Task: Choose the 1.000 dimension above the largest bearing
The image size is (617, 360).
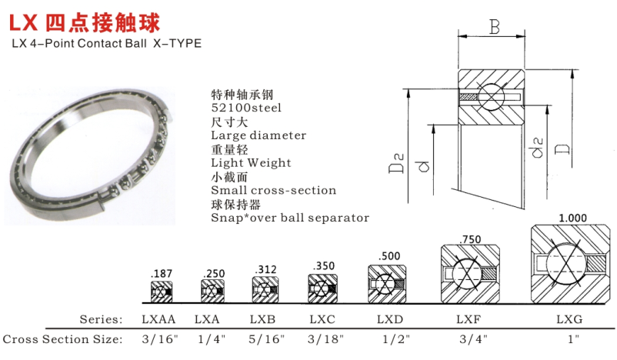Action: point(571,218)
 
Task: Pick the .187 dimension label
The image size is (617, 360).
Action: point(162,273)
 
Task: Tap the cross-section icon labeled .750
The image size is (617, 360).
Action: point(470,275)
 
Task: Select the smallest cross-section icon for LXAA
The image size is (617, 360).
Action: point(162,292)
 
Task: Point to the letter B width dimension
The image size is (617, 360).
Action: point(494,29)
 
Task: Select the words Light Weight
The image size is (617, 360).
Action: point(251,162)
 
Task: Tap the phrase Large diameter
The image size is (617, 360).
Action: point(258,135)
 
